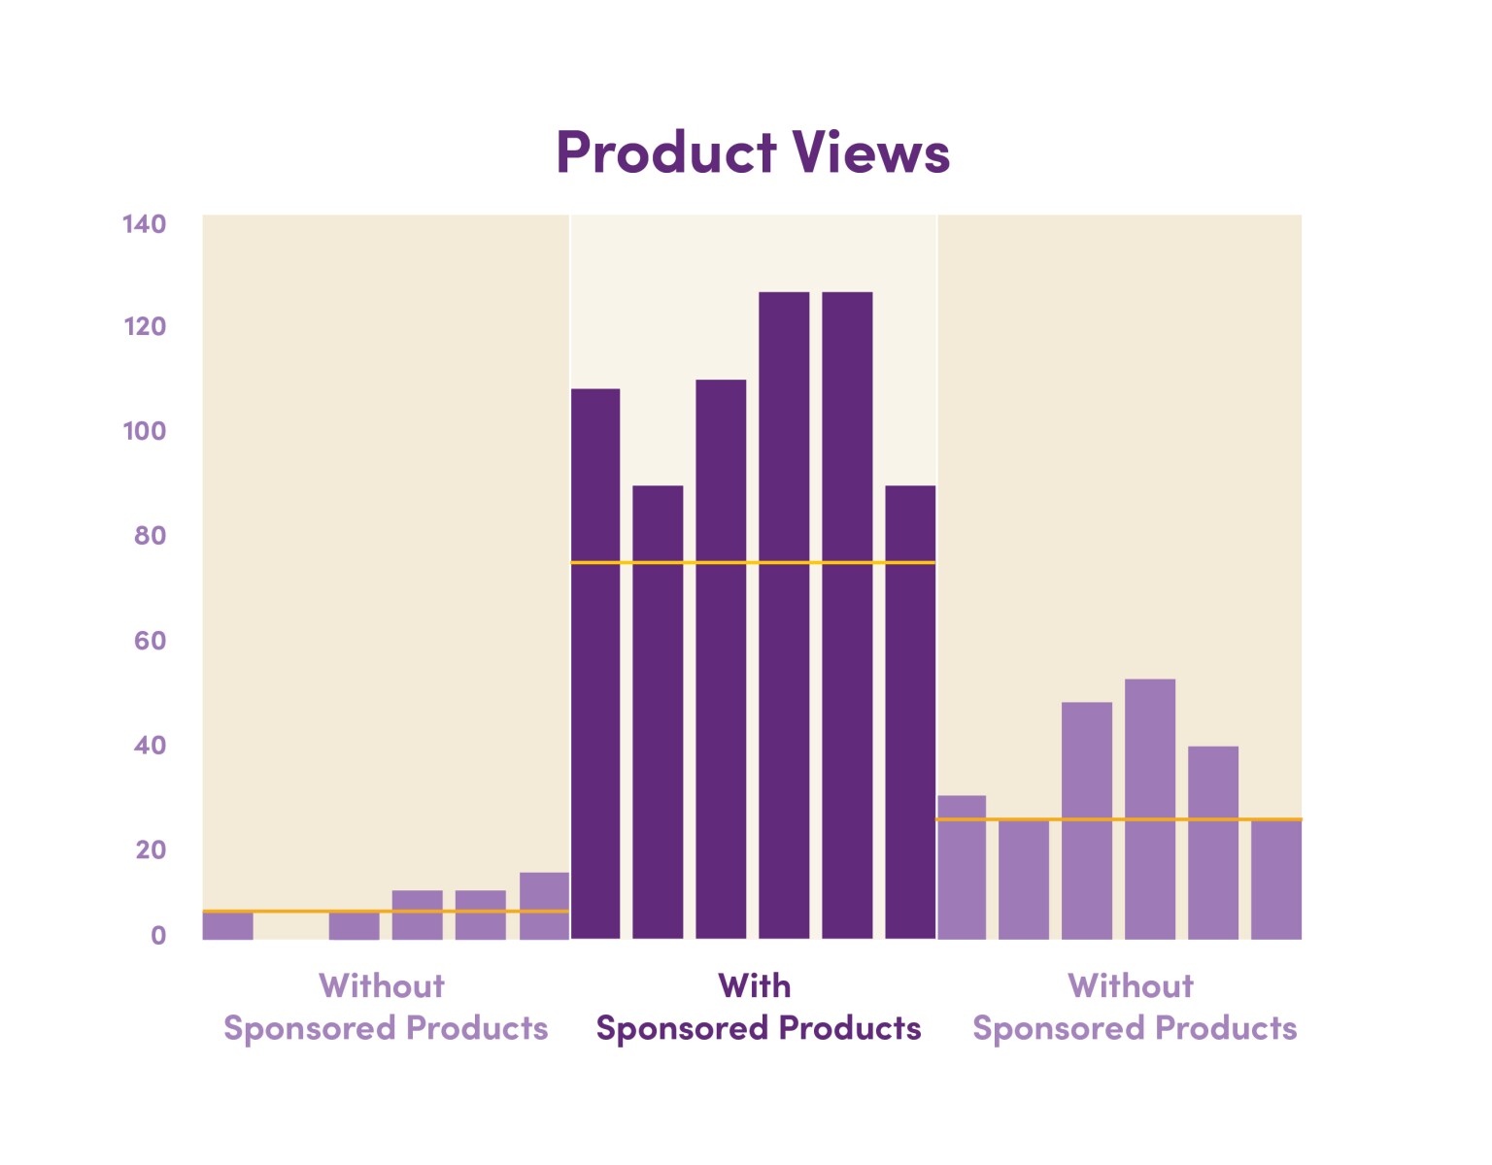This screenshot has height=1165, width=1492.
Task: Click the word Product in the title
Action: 666,152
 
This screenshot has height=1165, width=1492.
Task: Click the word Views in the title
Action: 870,152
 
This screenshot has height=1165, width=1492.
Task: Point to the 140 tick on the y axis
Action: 144,224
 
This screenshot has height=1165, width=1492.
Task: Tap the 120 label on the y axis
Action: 144,326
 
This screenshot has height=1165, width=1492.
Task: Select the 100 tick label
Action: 144,431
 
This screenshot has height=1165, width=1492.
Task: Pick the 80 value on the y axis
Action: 150,535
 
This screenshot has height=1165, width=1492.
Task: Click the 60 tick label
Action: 150,641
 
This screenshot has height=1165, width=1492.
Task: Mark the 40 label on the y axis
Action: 150,746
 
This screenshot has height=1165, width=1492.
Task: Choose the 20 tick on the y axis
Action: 150,849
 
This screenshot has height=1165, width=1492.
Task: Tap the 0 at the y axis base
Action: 157,936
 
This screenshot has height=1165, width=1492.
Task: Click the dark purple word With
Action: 755,986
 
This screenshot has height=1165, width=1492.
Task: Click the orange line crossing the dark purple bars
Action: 753,562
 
